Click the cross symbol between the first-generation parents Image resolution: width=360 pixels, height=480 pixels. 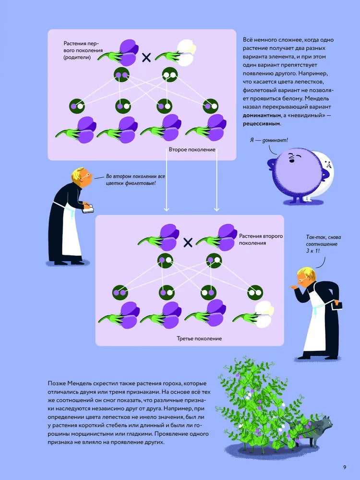(x=146, y=58)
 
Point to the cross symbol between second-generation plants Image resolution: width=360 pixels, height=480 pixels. (x=188, y=242)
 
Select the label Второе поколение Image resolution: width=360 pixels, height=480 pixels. (x=192, y=150)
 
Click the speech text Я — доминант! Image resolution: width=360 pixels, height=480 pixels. (x=269, y=140)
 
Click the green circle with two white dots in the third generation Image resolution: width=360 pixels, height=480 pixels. (x=253, y=291)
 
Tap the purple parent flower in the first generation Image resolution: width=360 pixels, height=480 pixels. (x=127, y=51)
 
